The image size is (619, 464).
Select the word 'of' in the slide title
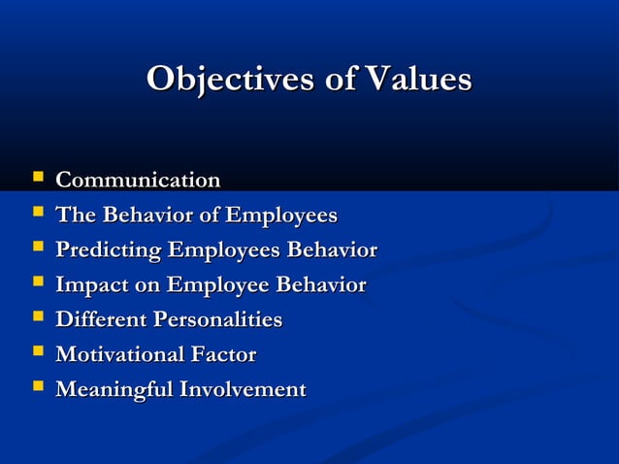click(339, 80)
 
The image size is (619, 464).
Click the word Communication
click(138, 181)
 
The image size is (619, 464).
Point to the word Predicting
click(109, 250)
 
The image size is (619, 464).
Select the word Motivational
click(119, 355)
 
